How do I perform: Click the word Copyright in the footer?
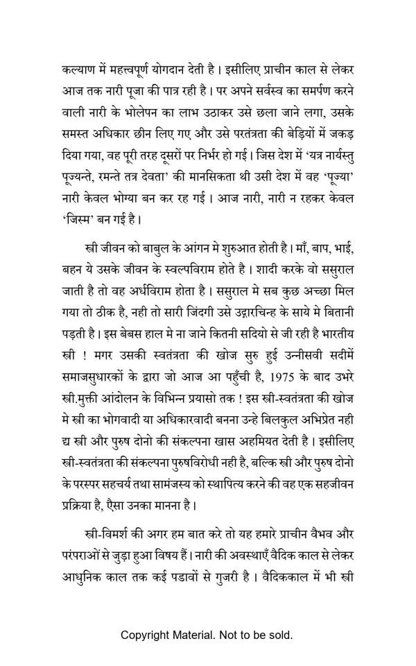tap(145, 635)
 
